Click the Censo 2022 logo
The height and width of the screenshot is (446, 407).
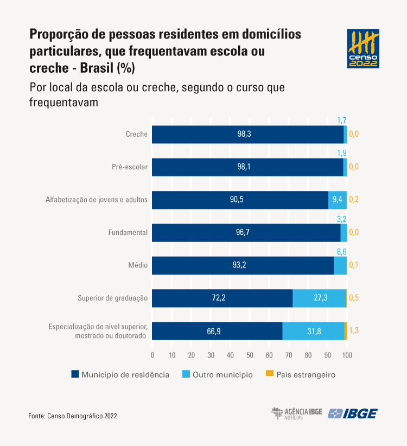point(363,48)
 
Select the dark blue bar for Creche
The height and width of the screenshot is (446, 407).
point(247,134)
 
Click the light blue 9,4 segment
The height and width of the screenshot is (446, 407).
point(336,200)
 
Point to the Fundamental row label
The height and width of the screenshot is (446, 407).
point(128,232)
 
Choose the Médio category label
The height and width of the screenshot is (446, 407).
point(138,265)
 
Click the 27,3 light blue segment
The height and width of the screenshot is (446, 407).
point(319,298)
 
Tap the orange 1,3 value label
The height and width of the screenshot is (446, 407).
point(354,330)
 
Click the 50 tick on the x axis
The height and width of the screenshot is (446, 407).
point(250,355)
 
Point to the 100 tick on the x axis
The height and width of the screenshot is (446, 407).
point(347,355)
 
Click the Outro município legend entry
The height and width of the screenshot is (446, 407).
point(217,374)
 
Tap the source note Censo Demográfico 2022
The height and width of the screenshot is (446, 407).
point(73,416)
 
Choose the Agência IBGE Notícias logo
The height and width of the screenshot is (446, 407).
point(296,413)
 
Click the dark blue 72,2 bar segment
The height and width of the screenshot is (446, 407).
point(222,298)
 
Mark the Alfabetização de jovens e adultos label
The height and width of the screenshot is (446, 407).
point(97,200)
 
